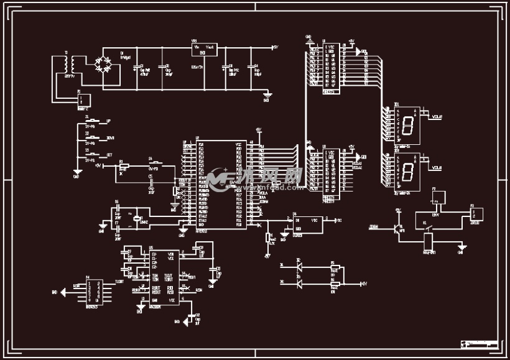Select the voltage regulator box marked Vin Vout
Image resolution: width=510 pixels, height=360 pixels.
[203, 50]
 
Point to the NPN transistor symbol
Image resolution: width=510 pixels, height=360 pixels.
[399, 228]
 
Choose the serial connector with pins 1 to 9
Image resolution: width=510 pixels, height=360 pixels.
[93, 290]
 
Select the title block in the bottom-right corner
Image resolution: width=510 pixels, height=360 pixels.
[480, 344]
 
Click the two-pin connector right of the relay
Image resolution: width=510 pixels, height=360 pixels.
[476, 213]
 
